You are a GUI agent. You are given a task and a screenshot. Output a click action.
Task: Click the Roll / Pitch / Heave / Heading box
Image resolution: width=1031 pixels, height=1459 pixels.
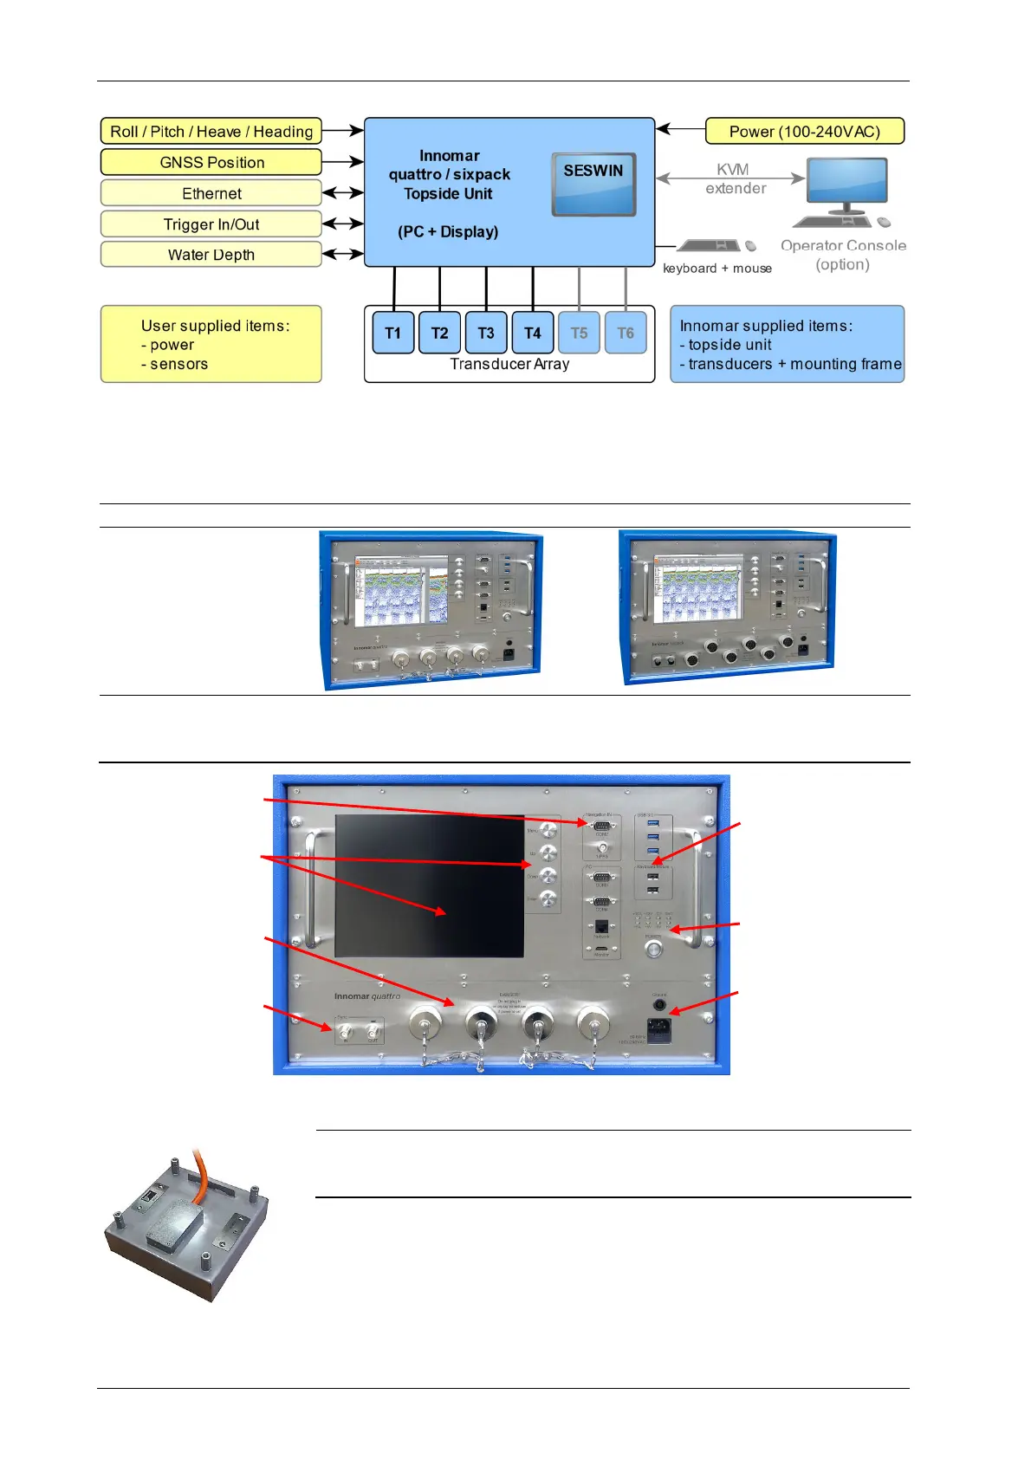coord(211,132)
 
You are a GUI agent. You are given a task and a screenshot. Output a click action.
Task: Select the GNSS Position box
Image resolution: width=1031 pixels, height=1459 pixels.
coord(211,162)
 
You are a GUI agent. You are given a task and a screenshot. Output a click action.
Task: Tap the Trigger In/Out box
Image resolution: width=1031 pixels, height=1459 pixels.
coord(211,224)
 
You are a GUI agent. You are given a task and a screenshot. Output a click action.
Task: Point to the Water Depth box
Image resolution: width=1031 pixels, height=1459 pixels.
coord(211,255)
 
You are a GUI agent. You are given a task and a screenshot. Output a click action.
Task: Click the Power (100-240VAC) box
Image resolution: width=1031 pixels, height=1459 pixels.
coord(804,132)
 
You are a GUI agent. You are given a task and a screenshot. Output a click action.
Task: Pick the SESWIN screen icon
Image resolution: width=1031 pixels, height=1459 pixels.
coord(593,185)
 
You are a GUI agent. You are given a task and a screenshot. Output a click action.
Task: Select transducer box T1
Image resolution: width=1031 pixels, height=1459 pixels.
coord(393,333)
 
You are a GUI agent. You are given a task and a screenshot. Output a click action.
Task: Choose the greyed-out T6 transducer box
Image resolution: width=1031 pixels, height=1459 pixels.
coord(626,333)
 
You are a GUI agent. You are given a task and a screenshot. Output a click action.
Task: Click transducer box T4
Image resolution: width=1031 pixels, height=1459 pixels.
coord(533,333)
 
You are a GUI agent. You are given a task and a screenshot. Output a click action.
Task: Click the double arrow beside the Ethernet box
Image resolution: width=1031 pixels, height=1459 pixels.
coord(343,192)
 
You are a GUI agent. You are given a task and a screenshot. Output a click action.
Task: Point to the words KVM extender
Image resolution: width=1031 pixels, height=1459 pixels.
coord(734,178)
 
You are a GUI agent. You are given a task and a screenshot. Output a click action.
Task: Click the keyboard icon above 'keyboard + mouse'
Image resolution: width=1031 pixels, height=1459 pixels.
coord(709,246)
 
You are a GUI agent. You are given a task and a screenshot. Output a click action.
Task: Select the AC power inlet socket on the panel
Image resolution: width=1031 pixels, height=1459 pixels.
coord(658,1031)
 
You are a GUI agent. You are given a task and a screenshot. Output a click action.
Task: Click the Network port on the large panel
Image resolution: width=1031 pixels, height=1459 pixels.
coord(601,928)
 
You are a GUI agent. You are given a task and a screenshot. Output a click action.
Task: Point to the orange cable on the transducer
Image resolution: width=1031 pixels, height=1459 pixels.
coord(201,1170)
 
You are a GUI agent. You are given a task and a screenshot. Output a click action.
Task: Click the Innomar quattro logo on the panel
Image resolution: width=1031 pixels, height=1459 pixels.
coord(367,996)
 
